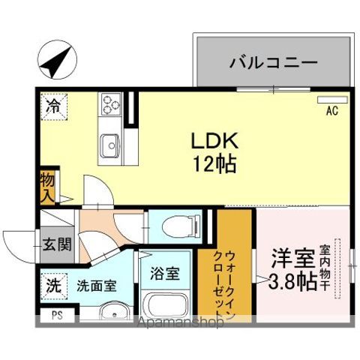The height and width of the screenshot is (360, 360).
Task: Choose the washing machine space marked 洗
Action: (x=54, y=286)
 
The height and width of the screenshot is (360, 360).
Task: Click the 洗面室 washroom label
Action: (x=96, y=286)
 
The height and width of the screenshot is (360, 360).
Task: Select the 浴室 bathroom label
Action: (x=164, y=272)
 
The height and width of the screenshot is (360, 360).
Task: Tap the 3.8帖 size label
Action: (x=291, y=283)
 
